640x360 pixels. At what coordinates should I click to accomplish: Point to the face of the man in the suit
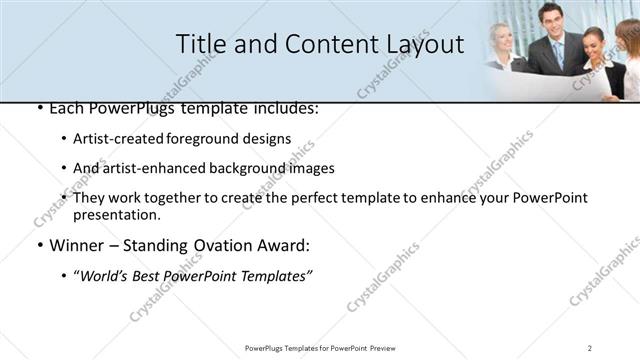[x=551, y=17]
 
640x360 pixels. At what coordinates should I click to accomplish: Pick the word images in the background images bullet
[x=310, y=168]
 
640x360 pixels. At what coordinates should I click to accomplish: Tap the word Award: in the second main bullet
[x=283, y=245]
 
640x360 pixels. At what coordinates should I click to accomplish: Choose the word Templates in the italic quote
[x=276, y=276]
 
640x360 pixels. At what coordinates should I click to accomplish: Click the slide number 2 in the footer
[x=591, y=348]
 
